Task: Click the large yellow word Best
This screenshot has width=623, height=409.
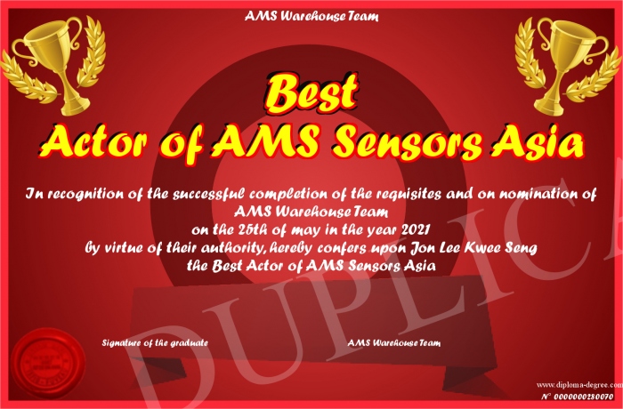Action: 311,92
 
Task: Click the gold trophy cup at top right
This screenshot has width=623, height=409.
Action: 568,66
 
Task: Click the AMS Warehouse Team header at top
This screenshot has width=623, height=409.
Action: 311,16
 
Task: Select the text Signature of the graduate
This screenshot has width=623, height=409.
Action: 155,342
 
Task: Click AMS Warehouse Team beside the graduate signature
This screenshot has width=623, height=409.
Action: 394,342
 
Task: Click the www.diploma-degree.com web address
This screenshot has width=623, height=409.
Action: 579,384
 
